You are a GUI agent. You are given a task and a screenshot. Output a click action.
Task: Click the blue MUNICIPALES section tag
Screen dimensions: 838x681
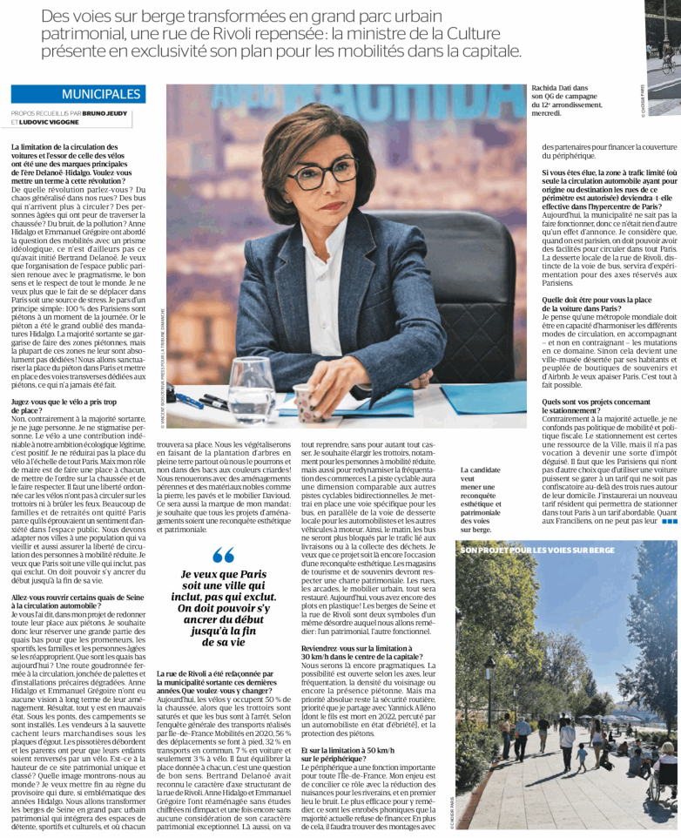[101, 94]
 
